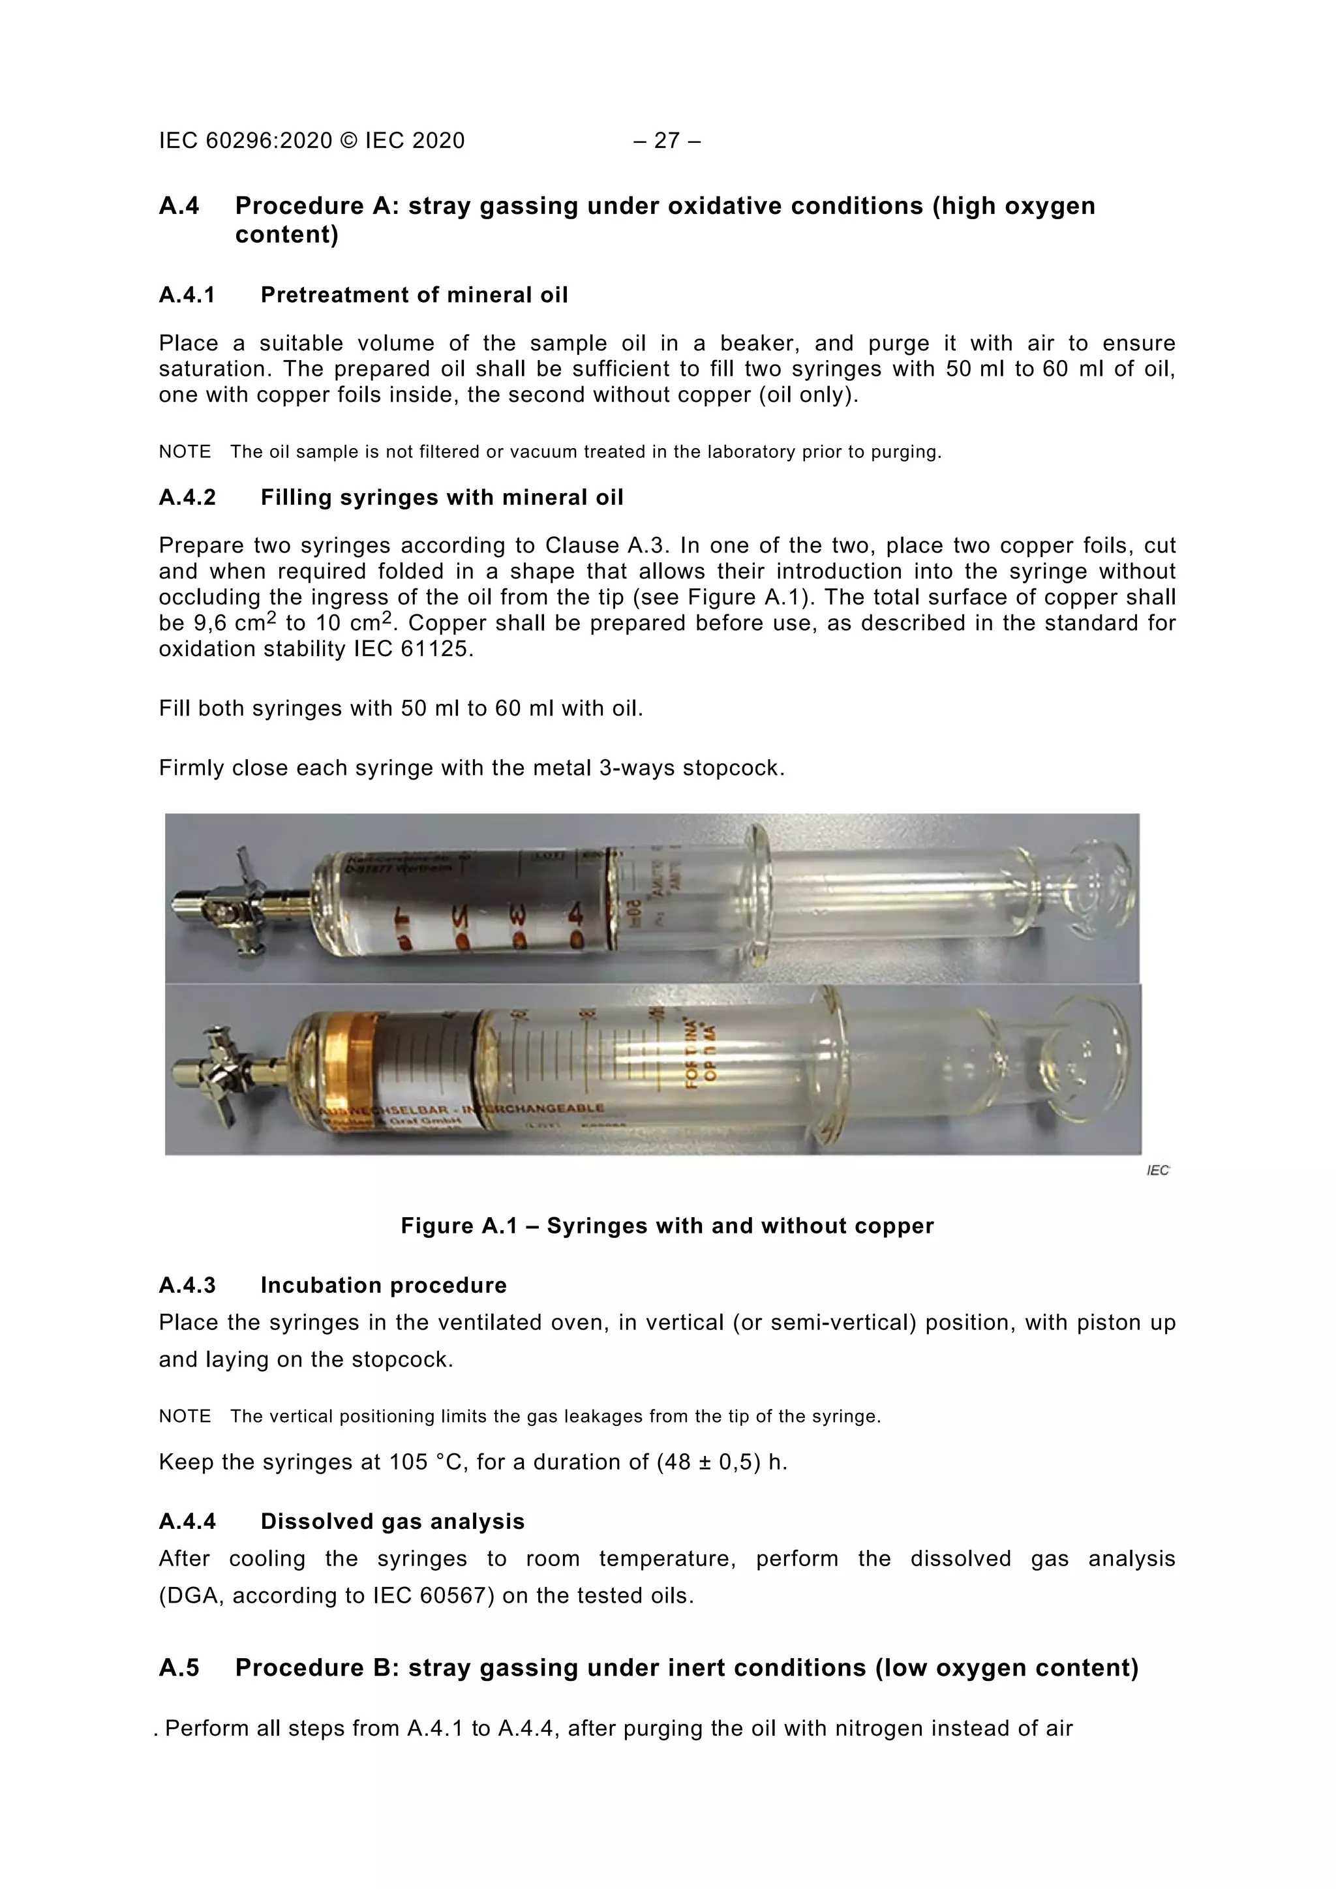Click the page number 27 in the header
tap(666, 141)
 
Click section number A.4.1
tap(187, 295)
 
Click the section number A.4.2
tap(187, 497)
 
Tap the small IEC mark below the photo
tap(1157, 1170)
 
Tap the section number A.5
tap(179, 1668)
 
